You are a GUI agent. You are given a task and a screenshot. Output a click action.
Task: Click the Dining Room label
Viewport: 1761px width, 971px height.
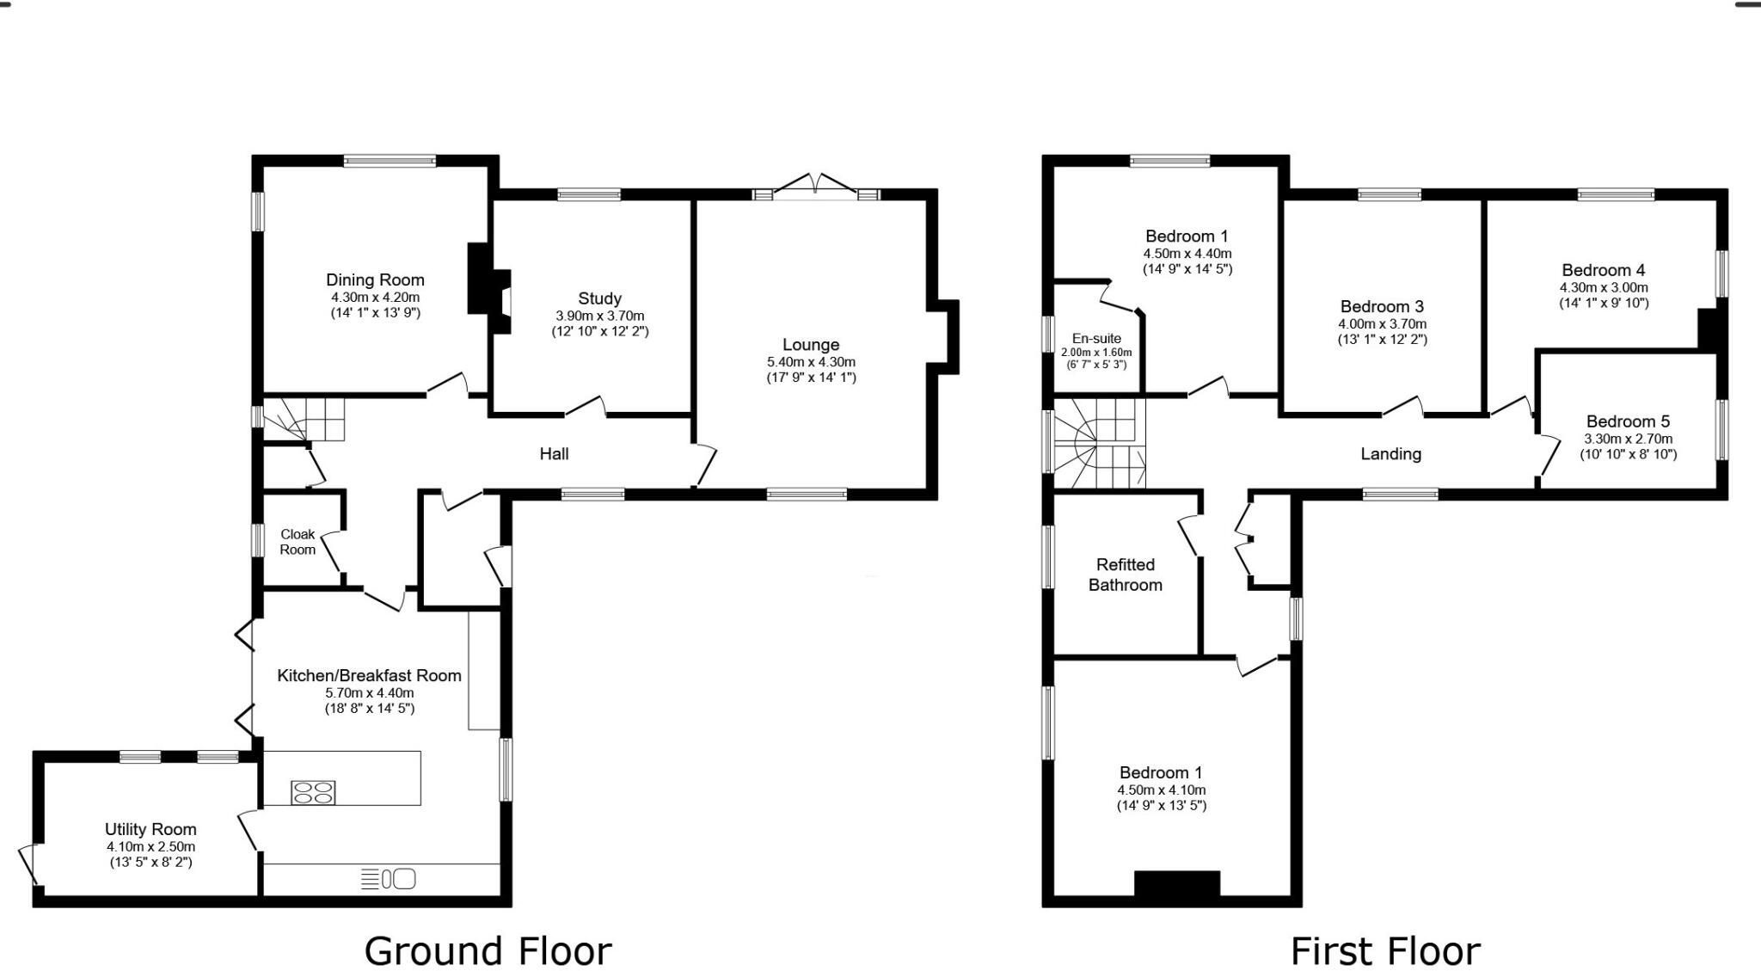pyautogui.click(x=375, y=280)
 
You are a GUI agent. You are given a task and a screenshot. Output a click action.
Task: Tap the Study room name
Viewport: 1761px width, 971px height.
pyautogui.click(x=599, y=298)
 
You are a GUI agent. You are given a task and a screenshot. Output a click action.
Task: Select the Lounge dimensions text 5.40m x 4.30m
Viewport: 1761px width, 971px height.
pyautogui.click(x=811, y=362)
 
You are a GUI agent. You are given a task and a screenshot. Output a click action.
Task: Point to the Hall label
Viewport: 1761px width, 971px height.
pyautogui.click(x=554, y=453)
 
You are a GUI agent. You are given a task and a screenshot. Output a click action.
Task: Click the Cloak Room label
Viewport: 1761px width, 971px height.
pyautogui.click(x=298, y=542)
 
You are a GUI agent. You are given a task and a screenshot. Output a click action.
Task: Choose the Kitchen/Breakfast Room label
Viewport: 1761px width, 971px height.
pyautogui.click(x=369, y=675)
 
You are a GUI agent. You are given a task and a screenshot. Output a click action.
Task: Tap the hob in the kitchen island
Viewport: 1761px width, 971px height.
pyautogui.click(x=313, y=792)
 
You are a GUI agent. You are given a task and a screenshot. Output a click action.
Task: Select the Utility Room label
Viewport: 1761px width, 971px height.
pyautogui.click(x=150, y=829)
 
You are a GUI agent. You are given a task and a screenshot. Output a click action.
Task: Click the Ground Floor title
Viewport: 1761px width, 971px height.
pyautogui.click(x=488, y=951)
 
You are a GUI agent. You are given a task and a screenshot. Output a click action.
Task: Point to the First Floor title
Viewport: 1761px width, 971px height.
pyautogui.click(x=1385, y=951)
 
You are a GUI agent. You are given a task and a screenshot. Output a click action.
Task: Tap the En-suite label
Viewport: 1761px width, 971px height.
pyautogui.click(x=1096, y=338)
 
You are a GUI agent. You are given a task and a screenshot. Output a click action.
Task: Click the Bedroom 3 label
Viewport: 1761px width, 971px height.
pyautogui.click(x=1382, y=306)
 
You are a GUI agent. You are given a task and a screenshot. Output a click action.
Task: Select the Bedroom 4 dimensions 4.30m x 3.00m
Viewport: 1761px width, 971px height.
pyautogui.click(x=1604, y=287)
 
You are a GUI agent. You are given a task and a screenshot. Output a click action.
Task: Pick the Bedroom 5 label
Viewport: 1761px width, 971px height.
pyautogui.click(x=1628, y=421)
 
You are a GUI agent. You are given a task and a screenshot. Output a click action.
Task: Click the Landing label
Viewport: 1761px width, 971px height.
pyautogui.click(x=1390, y=453)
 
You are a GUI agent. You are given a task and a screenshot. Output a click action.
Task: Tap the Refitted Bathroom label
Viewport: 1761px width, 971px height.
pyautogui.click(x=1125, y=575)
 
